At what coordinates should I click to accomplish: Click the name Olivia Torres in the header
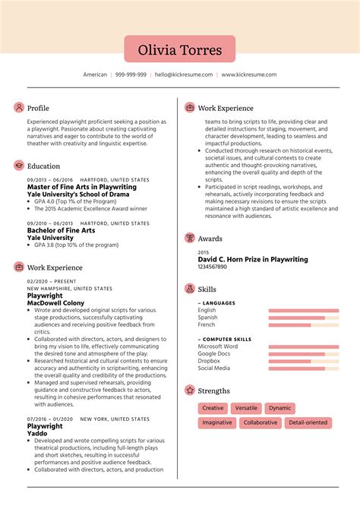[x=180, y=50]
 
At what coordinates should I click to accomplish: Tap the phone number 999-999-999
[x=131, y=75]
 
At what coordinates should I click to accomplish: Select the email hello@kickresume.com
[x=184, y=75]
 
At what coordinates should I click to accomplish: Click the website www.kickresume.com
[x=249, y=75]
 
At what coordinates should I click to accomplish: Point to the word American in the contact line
[x=96, y=75]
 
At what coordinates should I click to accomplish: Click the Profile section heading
[x=38, y=108]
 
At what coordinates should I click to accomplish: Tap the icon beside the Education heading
[x=19, y=166]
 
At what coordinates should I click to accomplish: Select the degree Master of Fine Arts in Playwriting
[x=82, y=187]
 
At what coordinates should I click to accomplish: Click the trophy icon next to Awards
[x=190, y=238]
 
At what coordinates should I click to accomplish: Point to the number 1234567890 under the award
[x=213, y=267]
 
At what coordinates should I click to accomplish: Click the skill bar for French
[x=303, y=325]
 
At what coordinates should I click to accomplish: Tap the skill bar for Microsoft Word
[x=303, y=346]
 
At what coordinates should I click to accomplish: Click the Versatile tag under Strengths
[x=246, y=408]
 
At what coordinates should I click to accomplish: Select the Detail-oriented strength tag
[x=308, y=422]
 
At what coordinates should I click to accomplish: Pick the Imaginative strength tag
[x=218, y=422]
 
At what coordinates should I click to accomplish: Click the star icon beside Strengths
[x=190, y=390]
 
